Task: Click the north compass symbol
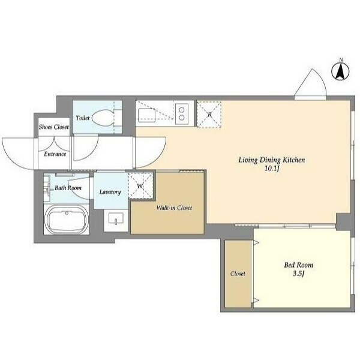340,71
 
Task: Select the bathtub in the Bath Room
67,219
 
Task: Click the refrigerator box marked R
209,115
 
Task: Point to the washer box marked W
140,185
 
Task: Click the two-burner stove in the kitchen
182,113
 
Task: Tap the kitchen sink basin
147,115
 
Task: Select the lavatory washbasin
116,218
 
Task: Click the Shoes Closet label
54,127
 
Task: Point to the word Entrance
55,154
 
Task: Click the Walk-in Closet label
174,208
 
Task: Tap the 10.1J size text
272,169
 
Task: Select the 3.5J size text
298,274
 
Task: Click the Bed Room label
299,265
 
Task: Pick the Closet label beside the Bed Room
238,274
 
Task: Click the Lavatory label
110,192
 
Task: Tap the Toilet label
83,118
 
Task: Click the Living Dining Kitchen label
272,160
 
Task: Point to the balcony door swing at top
310,84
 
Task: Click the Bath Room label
68,188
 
